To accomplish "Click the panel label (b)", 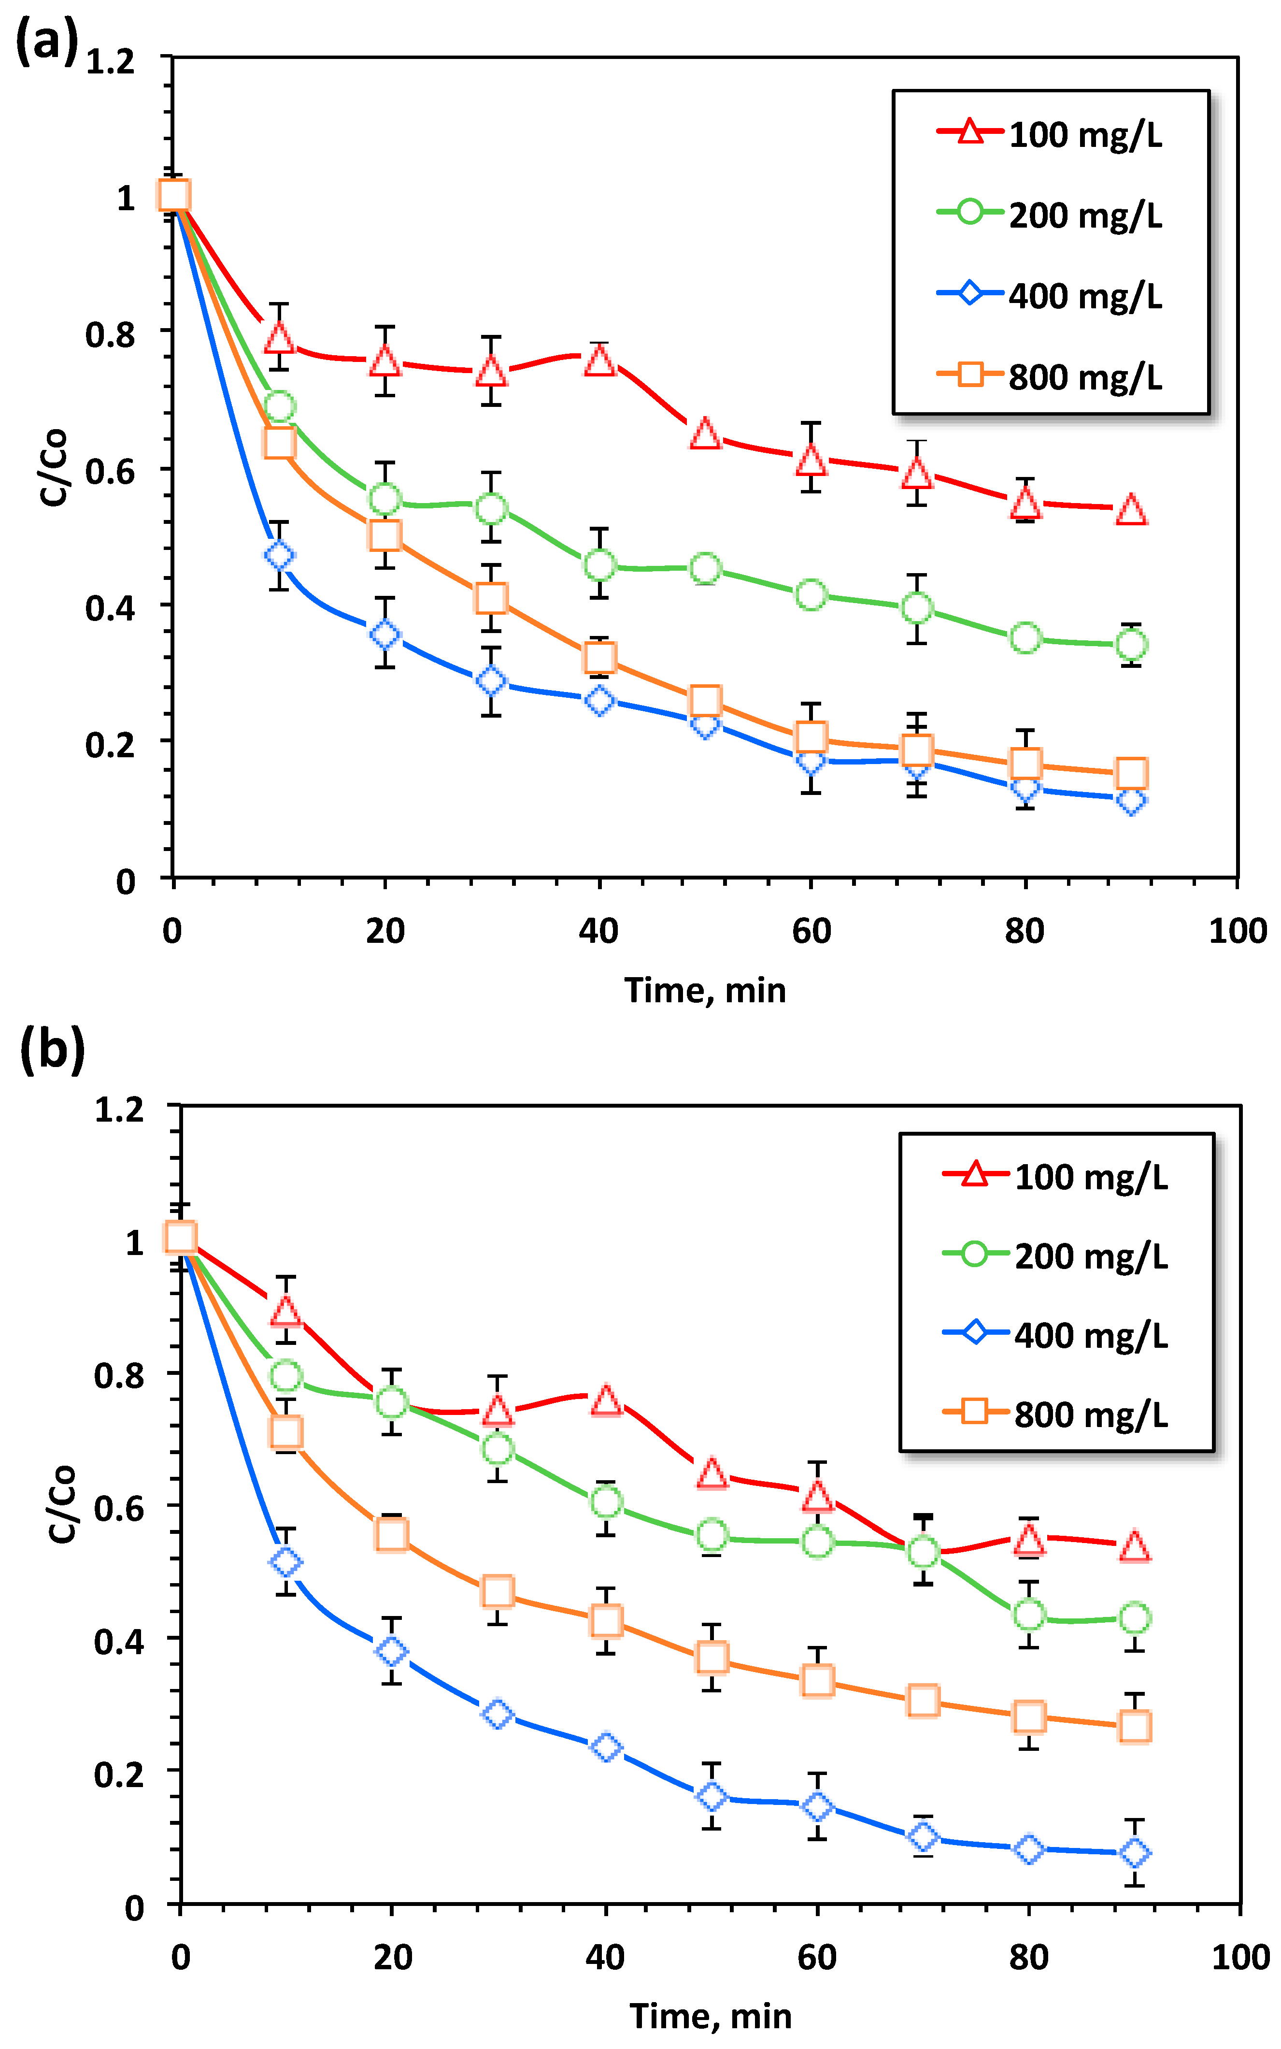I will pos(53,1051).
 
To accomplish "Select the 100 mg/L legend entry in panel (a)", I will pos(1051,134).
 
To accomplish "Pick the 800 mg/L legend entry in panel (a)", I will pos(1051,375).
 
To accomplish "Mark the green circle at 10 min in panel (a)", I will pos(280,407).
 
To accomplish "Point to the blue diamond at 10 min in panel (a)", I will pos(280,556).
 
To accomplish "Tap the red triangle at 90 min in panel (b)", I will pos(1135,1547).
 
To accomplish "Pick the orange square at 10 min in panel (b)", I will pos(285,1432).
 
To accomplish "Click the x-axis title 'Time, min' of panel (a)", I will pos(705,990).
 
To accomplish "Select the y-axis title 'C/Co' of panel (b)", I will pos(61,1504).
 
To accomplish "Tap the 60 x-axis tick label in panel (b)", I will pos(817,1958).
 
